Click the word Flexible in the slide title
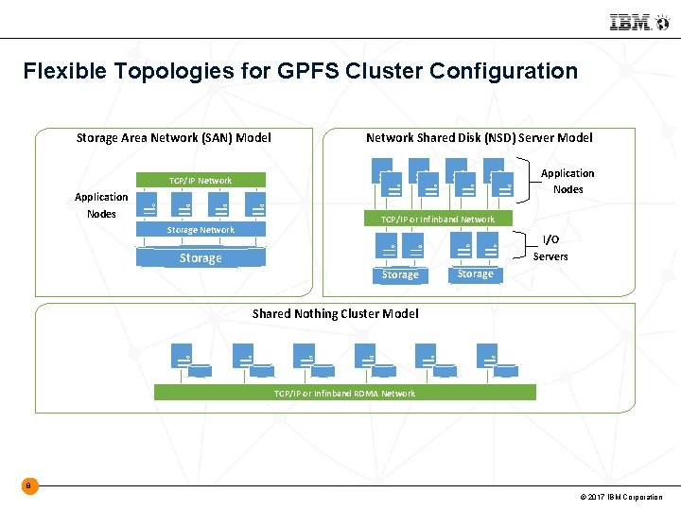(x=60, y=71)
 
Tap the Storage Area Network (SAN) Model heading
(x=173, y=138)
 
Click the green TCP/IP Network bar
(x=200, y=180)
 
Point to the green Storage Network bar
(x=200, y=230)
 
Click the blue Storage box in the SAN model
(x=201, y=258)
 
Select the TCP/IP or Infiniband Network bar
(x=438, y=219)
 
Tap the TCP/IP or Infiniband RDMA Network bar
(x=344, y=393)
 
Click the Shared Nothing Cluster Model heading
(x=335, y=313)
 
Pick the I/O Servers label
(x=550, y=248)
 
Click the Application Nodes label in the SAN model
(x=101, y=205)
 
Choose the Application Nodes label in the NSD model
(x=567, y=181)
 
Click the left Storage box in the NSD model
(x=400, y=274)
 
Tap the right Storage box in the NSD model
(x=475, y=273)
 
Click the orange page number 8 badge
(x=29, y=486)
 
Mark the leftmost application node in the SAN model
(x=148, y=205)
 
